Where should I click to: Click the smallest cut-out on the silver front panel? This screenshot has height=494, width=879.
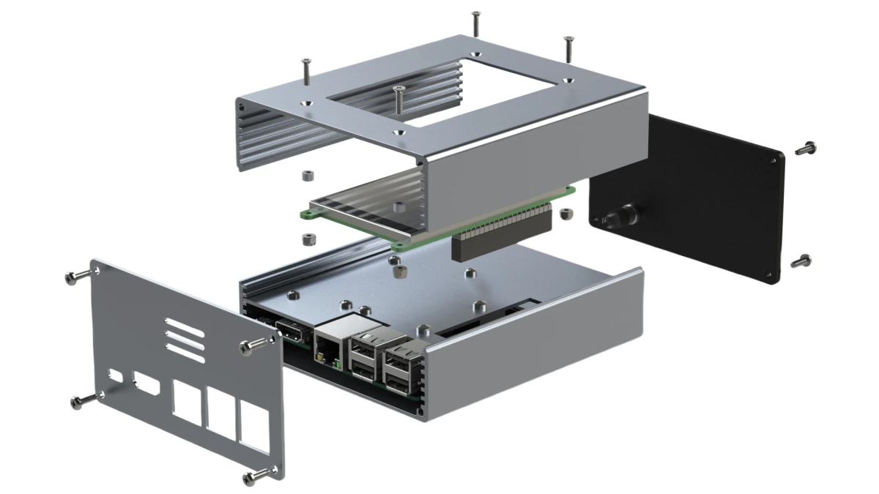(116, 375)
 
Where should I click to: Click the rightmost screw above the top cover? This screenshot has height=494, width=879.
(567, 49)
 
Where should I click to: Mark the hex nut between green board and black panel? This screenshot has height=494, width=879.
(565, 214)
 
